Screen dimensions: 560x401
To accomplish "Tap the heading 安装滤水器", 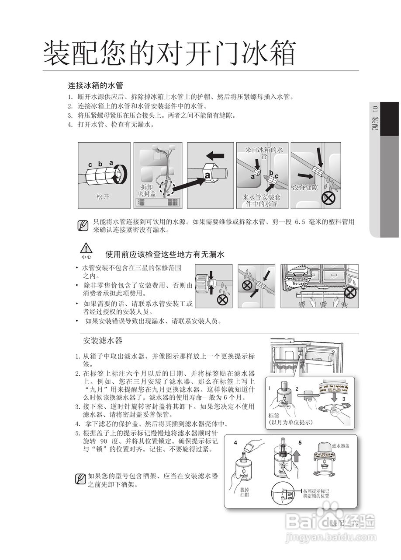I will click(x=103, y=340).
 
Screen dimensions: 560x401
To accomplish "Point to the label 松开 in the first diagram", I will click(x=103, y=197).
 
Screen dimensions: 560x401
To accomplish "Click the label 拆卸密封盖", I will click(x=147, y=190).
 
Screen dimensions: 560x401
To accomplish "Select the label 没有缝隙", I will click(x=304, y=187).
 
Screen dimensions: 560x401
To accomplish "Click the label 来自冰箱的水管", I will click(x=264, y=152).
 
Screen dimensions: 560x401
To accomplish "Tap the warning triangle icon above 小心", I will click(x=86, y=248).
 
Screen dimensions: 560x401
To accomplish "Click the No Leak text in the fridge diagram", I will click(x=300, y=284).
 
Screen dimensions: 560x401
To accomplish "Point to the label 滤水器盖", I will click(x=340, y=446).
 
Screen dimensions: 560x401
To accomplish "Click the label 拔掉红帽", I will click(x=245, y=492).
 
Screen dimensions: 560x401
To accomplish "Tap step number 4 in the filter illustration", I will click(x=235, y=443).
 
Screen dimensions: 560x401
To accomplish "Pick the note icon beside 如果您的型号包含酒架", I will click(x=80, y=479).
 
